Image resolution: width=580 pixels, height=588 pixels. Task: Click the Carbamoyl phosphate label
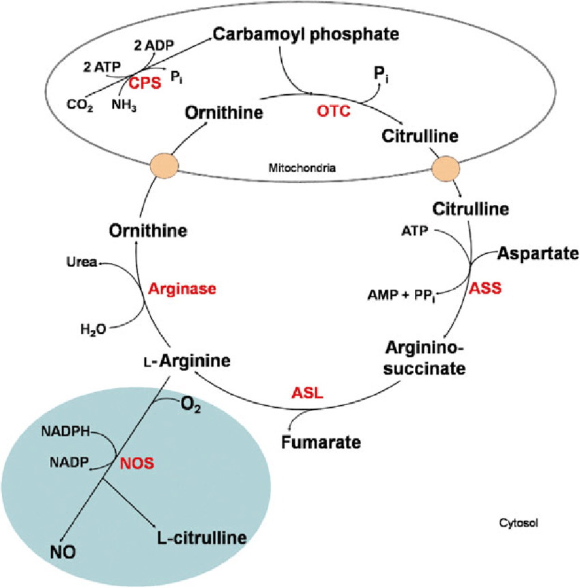click(x=306, y=35)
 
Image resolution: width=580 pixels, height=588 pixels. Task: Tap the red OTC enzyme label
click(x=334, y=110)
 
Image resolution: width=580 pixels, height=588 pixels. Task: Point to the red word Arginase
click(x=182, y=289)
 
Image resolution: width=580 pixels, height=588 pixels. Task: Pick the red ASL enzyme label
click(x=306, y=393)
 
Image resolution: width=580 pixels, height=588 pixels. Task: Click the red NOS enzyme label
click(x=137, y=464)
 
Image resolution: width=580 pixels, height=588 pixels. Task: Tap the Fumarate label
click(x=321, y=443)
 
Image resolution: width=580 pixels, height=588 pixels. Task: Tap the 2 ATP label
click(x=99, y=66)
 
